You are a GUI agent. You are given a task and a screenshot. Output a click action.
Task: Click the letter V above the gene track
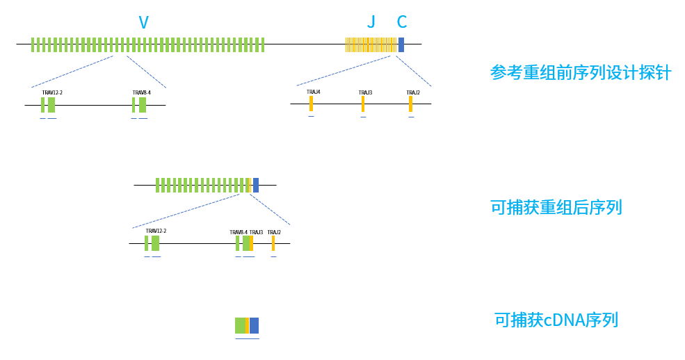143,22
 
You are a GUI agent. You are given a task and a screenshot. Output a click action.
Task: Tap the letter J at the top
371,22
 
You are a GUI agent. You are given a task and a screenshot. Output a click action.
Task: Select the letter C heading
401,22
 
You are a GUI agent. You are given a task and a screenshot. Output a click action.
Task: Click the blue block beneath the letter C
401,44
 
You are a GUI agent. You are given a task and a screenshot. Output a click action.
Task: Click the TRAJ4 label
314,92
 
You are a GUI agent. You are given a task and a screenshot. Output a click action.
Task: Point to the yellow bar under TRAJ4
311,104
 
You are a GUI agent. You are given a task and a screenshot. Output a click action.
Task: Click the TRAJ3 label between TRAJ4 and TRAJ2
365,92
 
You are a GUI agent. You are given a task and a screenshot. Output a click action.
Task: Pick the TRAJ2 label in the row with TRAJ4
413,92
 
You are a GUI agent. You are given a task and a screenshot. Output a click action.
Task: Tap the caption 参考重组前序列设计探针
581,72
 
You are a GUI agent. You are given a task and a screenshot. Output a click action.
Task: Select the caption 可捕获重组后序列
556,207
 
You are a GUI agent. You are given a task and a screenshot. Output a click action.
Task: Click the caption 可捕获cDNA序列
556,320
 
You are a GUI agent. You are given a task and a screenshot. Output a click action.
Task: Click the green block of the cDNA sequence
240,325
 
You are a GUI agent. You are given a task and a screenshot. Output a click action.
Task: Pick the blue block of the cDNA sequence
254,325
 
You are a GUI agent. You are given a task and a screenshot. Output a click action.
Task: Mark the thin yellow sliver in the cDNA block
248,325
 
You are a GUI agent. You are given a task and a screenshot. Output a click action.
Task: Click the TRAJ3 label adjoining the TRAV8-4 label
256,232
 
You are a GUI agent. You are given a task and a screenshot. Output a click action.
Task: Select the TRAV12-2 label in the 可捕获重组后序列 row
156,231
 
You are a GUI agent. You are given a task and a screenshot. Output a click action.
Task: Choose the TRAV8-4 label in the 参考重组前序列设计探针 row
141,92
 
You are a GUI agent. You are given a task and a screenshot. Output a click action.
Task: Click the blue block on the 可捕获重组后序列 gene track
256,185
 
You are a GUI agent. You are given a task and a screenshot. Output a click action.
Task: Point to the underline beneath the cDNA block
247,338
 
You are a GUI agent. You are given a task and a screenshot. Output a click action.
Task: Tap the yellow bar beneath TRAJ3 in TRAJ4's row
363,104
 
